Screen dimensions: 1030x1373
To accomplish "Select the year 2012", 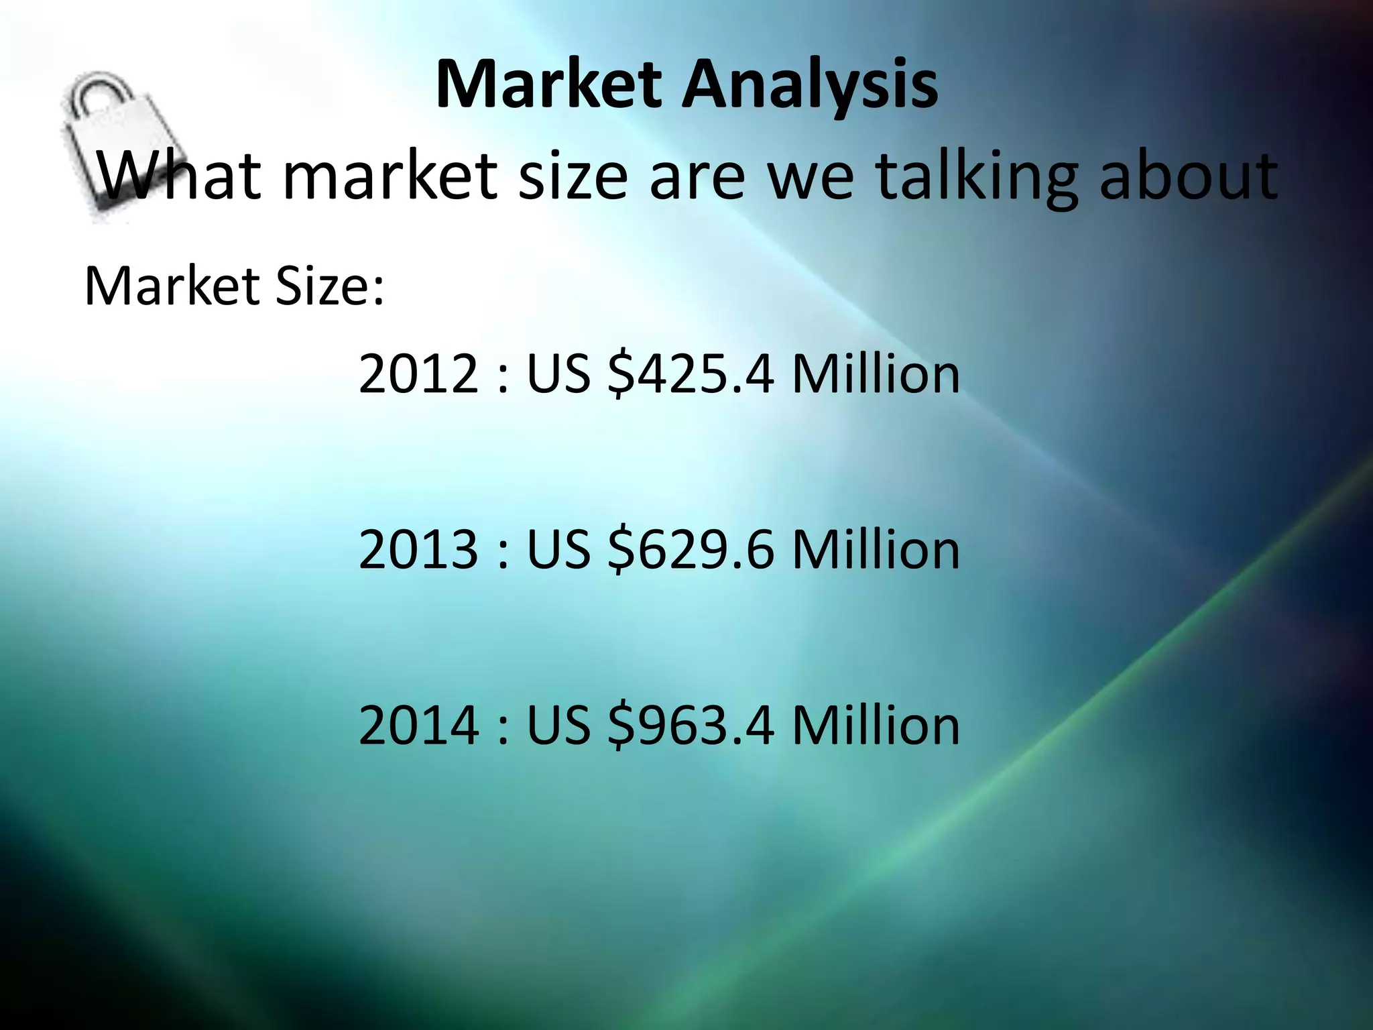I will (x=419, y=374).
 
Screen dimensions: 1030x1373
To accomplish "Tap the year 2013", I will (x=419, y=549).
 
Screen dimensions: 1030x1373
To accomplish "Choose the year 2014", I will (x=419, y=725).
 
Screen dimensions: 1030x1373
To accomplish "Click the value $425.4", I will (x=691, y=374).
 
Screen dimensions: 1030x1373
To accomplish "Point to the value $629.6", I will (x=691, y=549).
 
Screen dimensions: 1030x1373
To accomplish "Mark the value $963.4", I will (x=691, y=725).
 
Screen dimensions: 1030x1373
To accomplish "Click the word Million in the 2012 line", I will (x=876, y=374).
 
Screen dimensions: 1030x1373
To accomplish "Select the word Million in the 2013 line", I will (x=876, y=549).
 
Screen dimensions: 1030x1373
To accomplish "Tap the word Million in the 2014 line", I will (x=876, y=725).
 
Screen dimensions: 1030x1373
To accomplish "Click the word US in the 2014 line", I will (x=558, y=725).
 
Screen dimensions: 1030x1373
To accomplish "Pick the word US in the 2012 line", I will (x=558, y=374).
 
